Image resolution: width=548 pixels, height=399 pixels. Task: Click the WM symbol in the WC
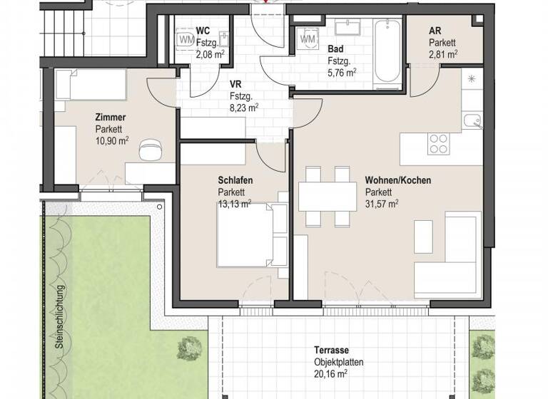pyautogui.click(x=186, y=39)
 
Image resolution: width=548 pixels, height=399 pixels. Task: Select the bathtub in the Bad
pyautogui.click(x=386, y=51)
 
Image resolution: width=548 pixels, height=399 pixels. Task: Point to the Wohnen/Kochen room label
pyautogui.click(x=397, y=181)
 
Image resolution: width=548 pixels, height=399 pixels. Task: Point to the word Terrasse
pyautogui.click(x=331, y=351)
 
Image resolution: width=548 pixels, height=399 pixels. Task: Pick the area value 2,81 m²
pyautogui.click(x=443, y=53)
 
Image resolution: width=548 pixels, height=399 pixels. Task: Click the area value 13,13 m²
pyautogui.click(x=235, y=204)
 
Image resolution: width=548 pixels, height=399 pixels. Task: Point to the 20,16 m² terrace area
pyautogui.click(x=330, y=373)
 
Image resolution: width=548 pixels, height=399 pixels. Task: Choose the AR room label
pyautogui.click(x=435, y=31)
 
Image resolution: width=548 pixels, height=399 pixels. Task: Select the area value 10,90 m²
pyautogui.click(x=112, y=141)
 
